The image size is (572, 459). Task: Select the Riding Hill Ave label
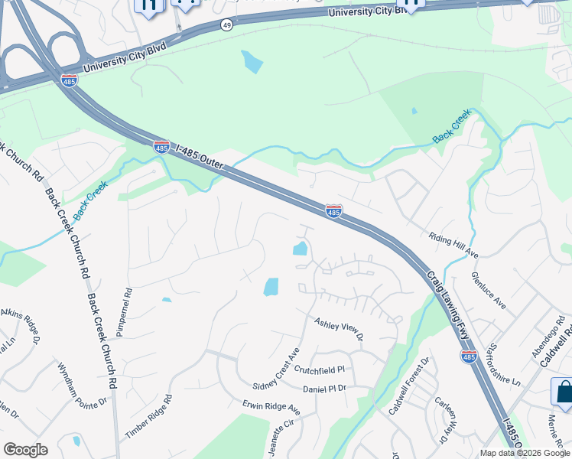453,245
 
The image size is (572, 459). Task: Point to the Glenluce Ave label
489,291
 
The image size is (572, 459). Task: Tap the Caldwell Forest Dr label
409,386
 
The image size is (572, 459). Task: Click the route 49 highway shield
227,25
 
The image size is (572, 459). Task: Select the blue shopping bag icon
564,392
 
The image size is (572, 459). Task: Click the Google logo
25,450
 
